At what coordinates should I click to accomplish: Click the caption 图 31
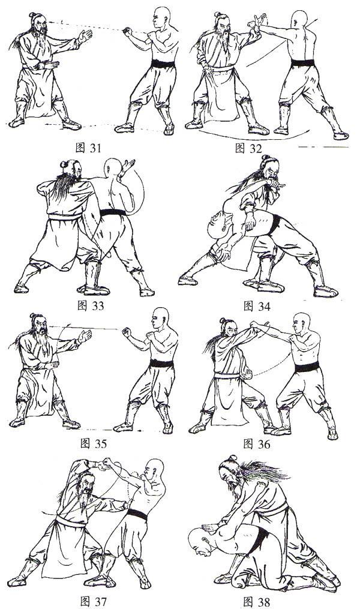coord(88,148)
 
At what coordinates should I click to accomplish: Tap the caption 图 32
coord(248,148)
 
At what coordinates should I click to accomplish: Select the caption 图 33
coord(91,305)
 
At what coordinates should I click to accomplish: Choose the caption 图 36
coord(256,443)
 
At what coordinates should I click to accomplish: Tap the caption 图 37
coord(93,602)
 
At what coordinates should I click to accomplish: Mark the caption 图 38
coord(256,602)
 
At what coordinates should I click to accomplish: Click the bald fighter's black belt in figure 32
coord(303,63)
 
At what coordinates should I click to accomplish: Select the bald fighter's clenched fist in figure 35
coord(126,333)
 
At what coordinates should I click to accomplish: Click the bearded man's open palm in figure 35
coord(85,335)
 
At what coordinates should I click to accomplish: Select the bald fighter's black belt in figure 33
coord(113,212)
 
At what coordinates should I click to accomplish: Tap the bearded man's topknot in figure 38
coord(233,458)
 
